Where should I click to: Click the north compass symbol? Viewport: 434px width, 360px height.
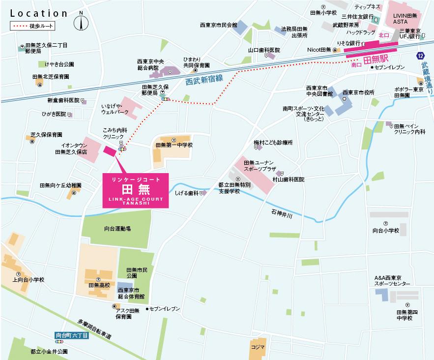81,22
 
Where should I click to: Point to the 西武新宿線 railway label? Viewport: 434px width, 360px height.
204,80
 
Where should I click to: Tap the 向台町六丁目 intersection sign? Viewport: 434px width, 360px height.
72,335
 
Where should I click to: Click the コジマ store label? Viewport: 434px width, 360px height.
257,347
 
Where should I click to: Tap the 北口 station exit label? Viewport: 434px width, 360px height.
384,36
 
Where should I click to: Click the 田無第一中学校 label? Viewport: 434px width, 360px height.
174,145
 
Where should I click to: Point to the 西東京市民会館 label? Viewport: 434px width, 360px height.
218,25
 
